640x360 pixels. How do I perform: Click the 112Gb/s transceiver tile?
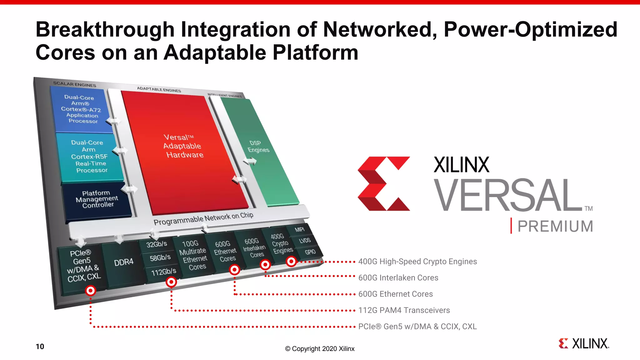[x=163, y=272]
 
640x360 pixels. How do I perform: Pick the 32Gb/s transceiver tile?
[x=157, y=244]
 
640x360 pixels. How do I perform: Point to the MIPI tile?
[x=299, y=230]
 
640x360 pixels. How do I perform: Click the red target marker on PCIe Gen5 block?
[x=90, y=291]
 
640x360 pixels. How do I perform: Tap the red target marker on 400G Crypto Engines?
[x=291, y=261]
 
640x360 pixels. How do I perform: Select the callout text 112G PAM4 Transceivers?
[x=404, y=310]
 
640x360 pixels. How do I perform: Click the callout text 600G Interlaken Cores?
[x=398, y=278]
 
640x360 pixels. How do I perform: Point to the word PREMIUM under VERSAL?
[x=555, y=226]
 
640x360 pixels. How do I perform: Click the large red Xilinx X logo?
[x=383, y=184]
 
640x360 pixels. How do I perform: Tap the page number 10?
[x=40, y=347]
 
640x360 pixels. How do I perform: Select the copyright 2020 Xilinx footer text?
[x=320, y=349]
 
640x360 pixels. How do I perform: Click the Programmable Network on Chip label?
[x=203, y=219]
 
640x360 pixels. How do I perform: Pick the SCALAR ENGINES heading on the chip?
[x=74, y=84]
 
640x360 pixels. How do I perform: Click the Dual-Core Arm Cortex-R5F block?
[x=89, y=156]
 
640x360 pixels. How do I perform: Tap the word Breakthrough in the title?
[x=104, y=30]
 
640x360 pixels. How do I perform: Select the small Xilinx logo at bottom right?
[x=583, y=343]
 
